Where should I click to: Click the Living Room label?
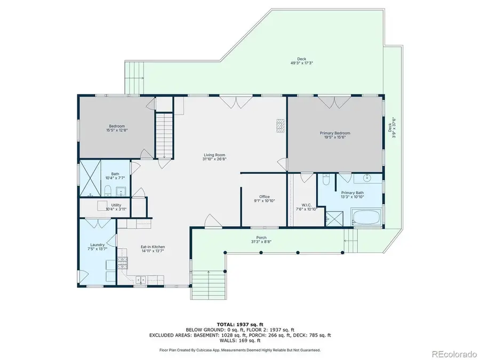click(212, 156)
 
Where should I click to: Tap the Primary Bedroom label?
click(335, 135)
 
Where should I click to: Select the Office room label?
click(265, 198)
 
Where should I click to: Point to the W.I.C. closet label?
click(306, 206)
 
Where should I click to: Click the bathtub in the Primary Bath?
click(366, 218)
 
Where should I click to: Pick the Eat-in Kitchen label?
click(153, 249)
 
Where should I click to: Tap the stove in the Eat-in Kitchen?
click(123, 261)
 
